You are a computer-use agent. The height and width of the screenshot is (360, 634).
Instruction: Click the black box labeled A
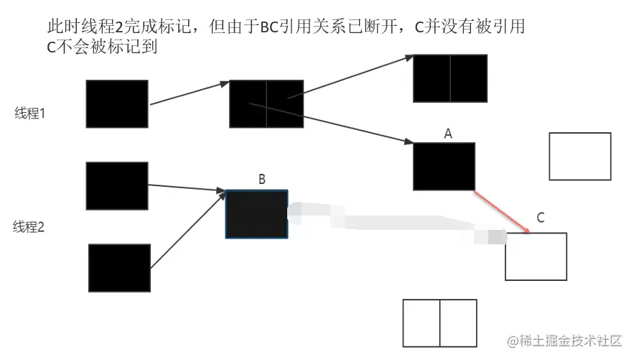[444, 166]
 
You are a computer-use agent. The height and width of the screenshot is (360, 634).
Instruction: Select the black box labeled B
[256, 214]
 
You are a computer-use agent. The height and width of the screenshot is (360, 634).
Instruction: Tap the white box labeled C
[536, 257]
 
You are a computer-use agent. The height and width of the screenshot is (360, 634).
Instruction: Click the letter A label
[448, 134]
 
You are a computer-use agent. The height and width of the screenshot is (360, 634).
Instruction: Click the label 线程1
[30, 114]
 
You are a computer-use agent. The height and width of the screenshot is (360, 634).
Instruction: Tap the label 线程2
[29, 227]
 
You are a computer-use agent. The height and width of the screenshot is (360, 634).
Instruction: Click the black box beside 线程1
[117, 103]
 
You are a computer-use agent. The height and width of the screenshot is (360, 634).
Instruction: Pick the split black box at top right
[450, 78]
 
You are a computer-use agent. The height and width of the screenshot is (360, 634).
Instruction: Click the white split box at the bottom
[439, 323]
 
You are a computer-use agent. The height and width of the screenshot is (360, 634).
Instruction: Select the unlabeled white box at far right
[579, 156]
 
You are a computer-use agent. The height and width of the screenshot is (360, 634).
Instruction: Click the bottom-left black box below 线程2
[119, 268]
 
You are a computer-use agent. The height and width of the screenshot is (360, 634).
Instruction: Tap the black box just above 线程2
[117, 185]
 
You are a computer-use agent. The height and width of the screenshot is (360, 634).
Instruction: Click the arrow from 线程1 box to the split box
[189, 93]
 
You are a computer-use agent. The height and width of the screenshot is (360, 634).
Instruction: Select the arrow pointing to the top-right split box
[355, 78]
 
